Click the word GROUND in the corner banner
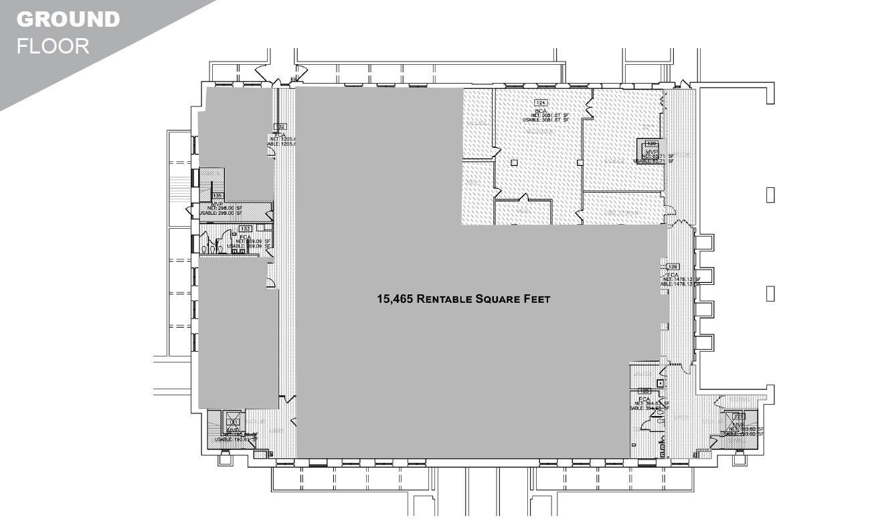pos(68,19)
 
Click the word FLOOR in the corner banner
pos(53,46)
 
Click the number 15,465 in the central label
pos(395,299)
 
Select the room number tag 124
pos(541,102)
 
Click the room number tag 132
pos(281,126)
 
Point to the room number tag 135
pos(217,195)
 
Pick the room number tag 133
pos(245,229)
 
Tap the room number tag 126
pos(673,267)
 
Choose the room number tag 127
pos(739,416)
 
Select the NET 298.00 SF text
pos(224,208)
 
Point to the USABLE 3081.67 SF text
pos(545,120)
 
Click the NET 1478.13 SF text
pos(682,279)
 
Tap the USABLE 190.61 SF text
pos(237,439)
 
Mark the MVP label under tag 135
pos(217,203)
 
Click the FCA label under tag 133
pos(246,236)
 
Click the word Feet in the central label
pos(535,299)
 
